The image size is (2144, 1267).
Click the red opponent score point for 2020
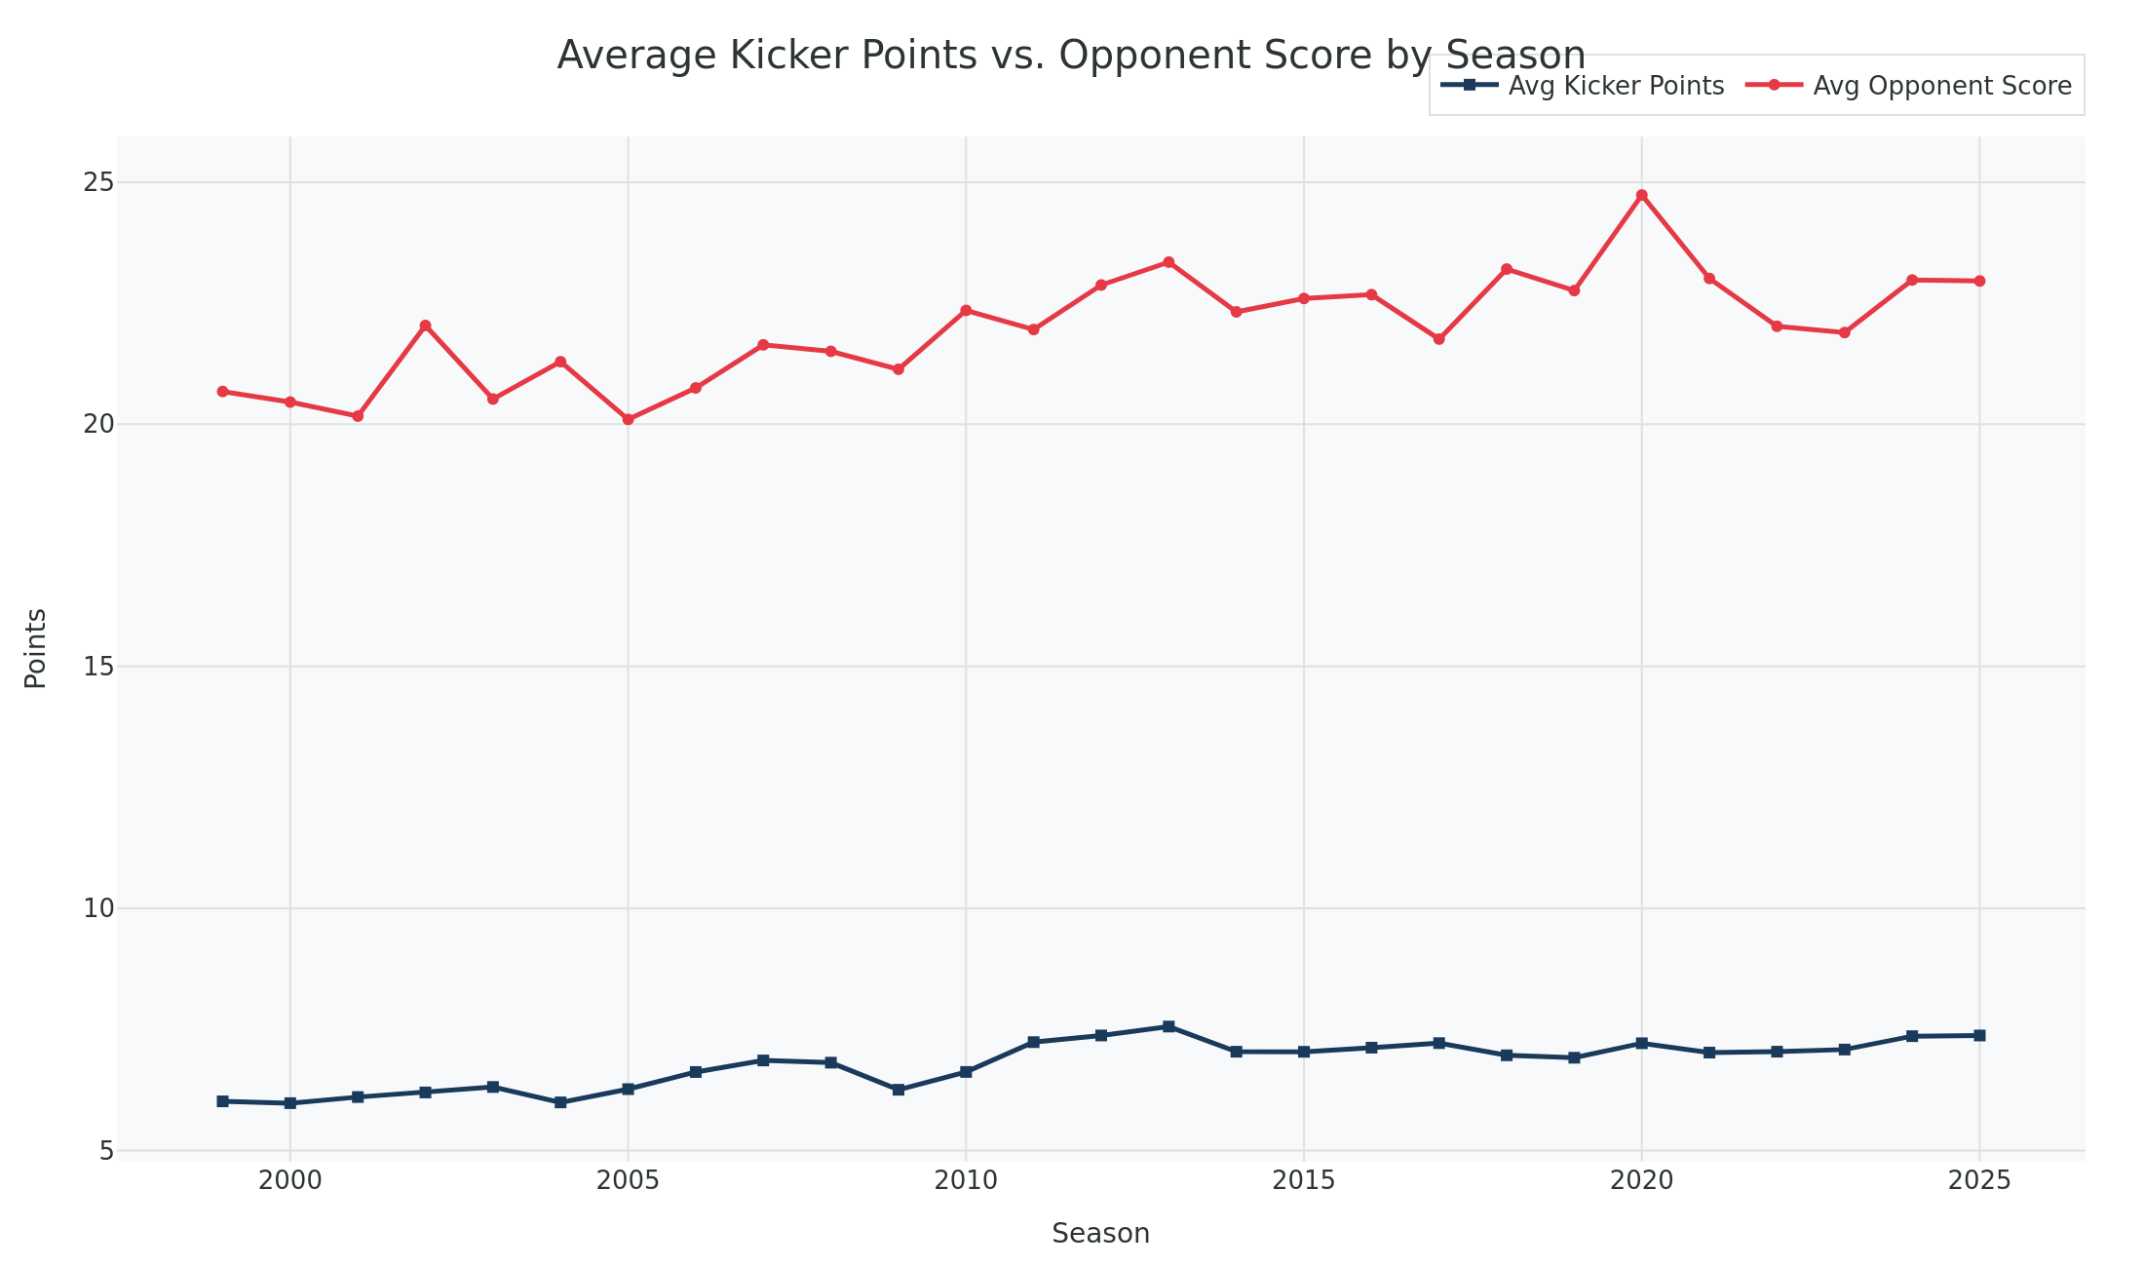1641,195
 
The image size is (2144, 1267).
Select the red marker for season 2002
425,326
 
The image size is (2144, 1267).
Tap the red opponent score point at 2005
628,419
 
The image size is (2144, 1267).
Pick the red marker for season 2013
1168,262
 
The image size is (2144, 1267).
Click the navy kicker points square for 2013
1168,1026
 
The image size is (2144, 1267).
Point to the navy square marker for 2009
899,1090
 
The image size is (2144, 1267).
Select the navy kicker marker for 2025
1979,1035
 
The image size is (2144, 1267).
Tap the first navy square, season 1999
222,1101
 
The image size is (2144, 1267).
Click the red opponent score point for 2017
1438,339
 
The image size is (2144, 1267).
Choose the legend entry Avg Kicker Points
1615,86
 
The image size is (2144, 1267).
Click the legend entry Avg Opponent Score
1941,86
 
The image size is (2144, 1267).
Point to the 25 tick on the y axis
98,182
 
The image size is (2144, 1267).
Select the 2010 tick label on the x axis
966,1181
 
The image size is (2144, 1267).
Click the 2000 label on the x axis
289,1181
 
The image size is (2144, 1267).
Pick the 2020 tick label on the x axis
1641,1181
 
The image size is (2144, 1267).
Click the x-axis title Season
1100,1234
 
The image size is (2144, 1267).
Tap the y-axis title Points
36,648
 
